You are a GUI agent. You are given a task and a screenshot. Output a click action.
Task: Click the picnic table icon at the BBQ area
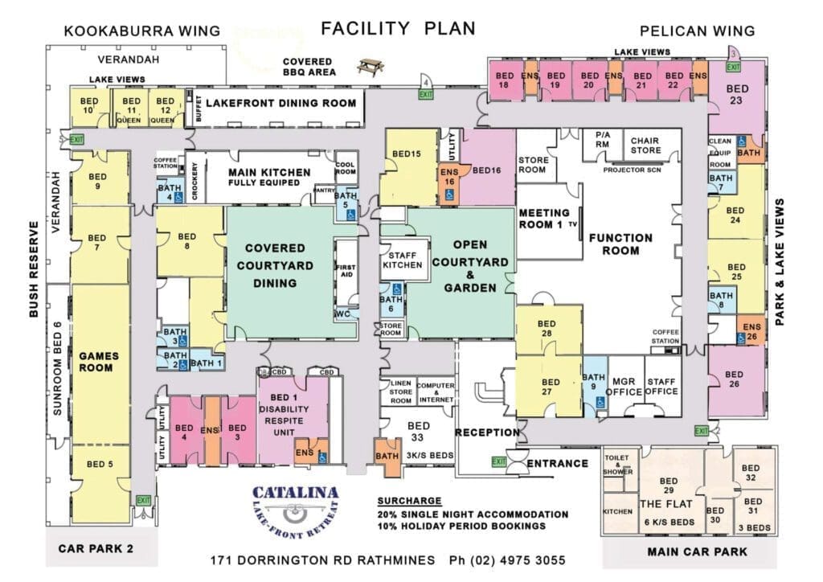tap(371, 67)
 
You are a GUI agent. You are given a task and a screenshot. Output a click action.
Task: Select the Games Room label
tap(98, 362)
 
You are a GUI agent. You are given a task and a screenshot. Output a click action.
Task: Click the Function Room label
tap(620, 244)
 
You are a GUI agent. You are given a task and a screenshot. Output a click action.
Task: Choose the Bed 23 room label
tap(736, 95)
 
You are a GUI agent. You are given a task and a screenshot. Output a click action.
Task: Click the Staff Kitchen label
tap(402, 259)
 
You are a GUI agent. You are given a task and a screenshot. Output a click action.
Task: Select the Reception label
tap(487, 432)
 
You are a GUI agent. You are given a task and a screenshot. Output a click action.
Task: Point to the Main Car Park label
tap(698, 552)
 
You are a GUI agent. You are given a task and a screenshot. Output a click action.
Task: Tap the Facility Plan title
tap(398, 29)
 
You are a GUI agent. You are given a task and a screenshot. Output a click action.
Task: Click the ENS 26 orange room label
tap(751, 330)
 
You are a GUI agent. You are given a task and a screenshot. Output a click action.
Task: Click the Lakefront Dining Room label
tap(280, 103)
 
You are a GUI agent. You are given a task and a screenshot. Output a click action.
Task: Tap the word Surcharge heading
tap(408, 499)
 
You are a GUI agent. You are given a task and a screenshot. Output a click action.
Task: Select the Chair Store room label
tap(645, 145)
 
